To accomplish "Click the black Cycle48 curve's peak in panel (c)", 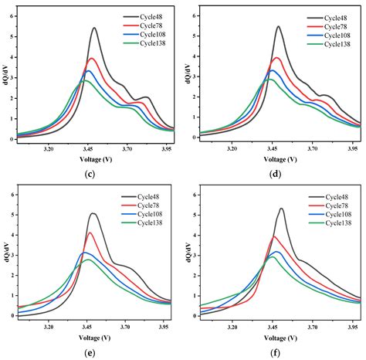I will coord(93,29).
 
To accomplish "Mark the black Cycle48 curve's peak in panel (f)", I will coord(281,209).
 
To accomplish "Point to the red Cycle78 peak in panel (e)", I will coord(90,233).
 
